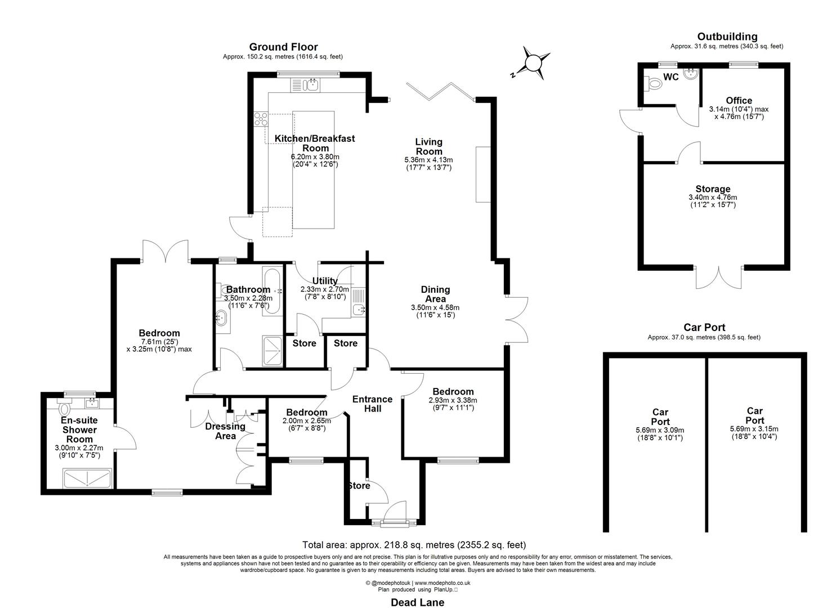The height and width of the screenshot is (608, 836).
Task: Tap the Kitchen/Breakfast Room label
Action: coord(315,143)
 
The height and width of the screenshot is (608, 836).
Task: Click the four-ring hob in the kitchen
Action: coord(261,119)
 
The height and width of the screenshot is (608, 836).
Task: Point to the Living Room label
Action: coord(428,146)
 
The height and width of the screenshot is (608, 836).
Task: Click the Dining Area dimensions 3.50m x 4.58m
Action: coord(435,307)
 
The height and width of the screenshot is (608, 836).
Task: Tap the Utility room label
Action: coord(325,281)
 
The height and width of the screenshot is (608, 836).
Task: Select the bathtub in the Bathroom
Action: coord(272,291)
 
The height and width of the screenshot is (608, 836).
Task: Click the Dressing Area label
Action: coord(225,431)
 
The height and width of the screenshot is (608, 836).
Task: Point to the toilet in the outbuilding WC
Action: coord(654,83)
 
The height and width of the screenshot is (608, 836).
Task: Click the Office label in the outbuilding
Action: coord(739,101)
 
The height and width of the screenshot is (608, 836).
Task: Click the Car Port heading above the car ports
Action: coord(704,327)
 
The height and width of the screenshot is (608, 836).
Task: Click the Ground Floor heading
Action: coord(283,47)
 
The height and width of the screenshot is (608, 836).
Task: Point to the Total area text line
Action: coord(414,544)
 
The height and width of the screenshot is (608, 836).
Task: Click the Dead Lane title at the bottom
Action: coord(417,602)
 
